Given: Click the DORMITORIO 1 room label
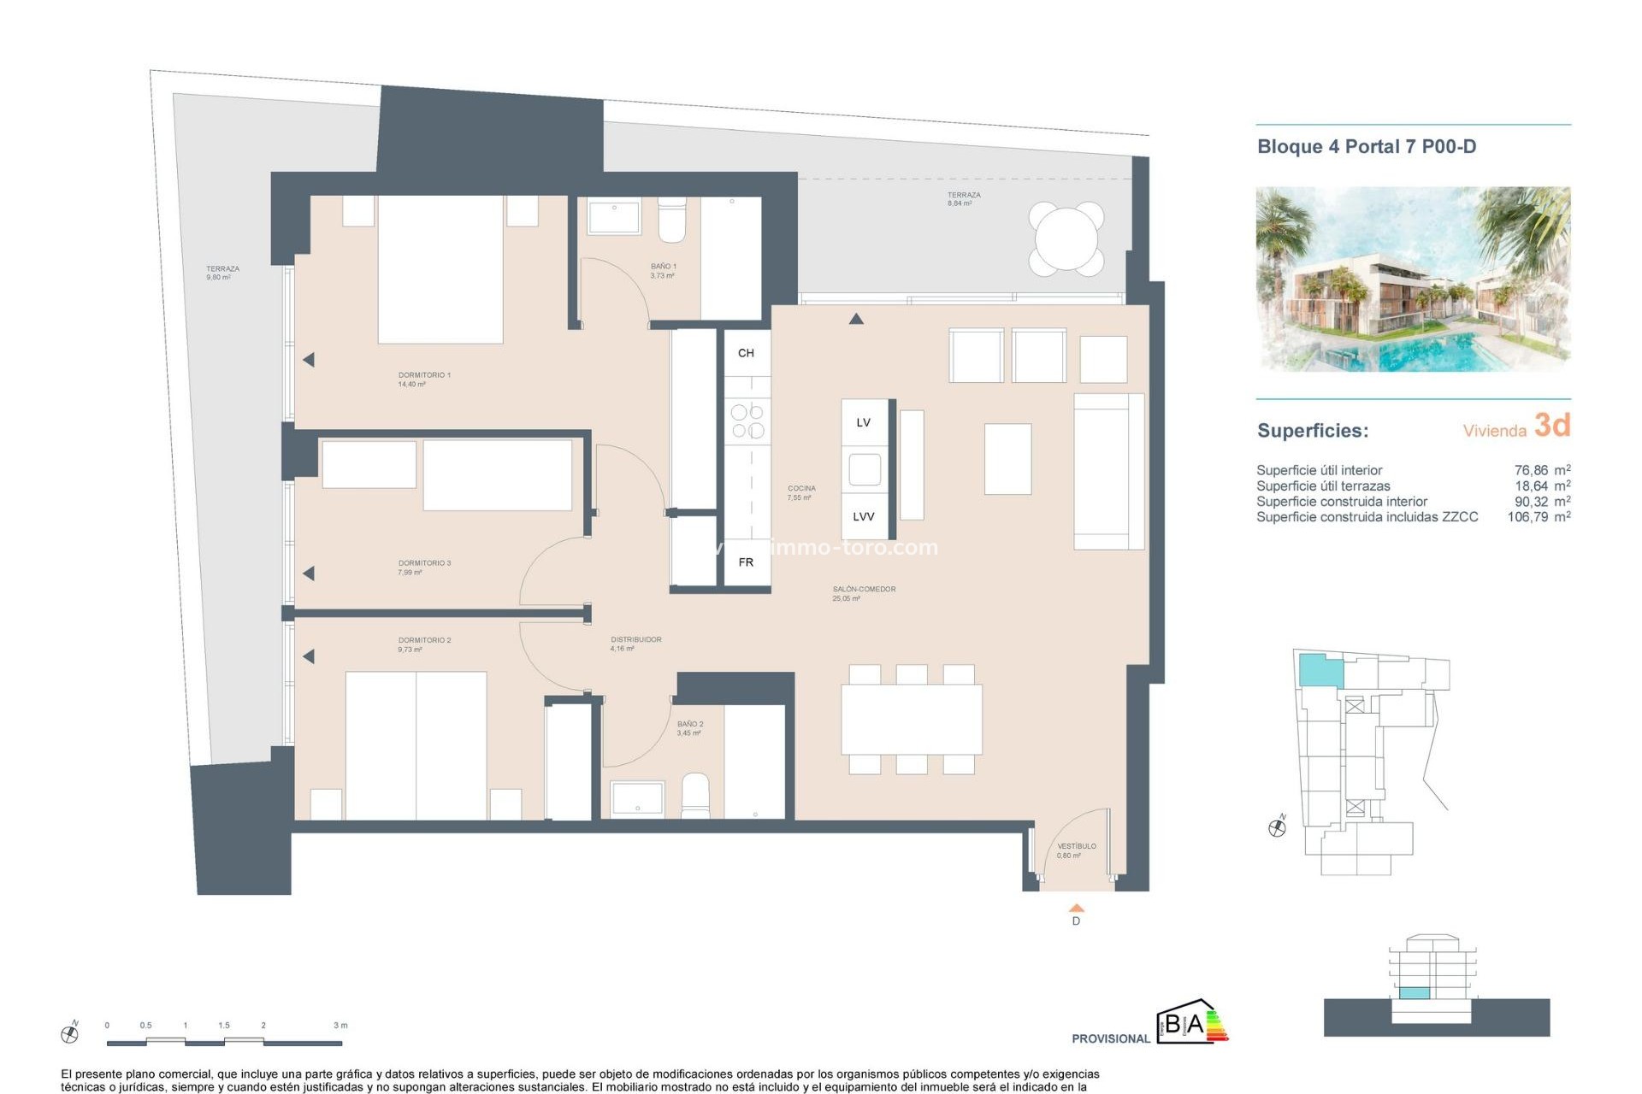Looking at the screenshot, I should tap(423, 375).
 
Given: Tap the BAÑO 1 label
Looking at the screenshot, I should tap(663, 267).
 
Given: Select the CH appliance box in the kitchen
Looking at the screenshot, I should tap(746, 353).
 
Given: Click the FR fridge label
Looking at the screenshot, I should tap(746, 562).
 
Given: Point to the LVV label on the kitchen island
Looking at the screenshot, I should tap(864, 516).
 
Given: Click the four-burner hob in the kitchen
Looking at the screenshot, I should tap(747, 421).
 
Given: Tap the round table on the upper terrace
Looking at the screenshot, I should tap(1066, 238).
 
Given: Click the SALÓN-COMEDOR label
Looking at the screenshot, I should tap(864, 589).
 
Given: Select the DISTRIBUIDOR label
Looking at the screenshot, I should tap(635, 639).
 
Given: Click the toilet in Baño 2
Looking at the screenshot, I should tap(695, 797).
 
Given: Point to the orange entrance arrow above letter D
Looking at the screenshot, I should tap(1076, 908).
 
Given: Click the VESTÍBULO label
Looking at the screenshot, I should tap(1076, 846).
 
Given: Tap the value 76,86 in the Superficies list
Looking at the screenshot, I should tap(1531, 470).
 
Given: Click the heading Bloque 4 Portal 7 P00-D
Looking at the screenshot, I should tap(1366, 146).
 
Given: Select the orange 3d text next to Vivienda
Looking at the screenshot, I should tap(1552, 425).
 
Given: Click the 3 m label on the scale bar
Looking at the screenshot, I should tap(340, 1025).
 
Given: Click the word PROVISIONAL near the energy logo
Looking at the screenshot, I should tap(1110, 1038).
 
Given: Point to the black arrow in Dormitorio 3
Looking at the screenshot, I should tap(309, 573).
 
